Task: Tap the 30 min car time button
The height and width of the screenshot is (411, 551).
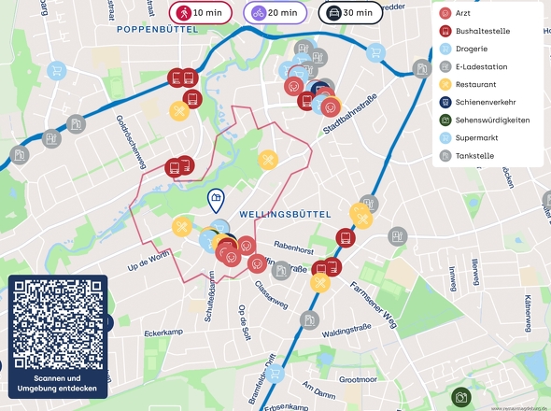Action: click(350, 13)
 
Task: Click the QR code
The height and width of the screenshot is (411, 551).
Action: click(58, 325)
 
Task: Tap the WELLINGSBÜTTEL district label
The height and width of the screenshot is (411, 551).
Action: click(285, 215)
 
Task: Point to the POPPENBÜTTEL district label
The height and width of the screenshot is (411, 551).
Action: click(160, 30)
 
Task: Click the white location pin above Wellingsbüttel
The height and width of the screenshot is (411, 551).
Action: click(215, 200)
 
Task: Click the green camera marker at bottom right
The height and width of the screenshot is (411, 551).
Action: click(460, 398)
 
